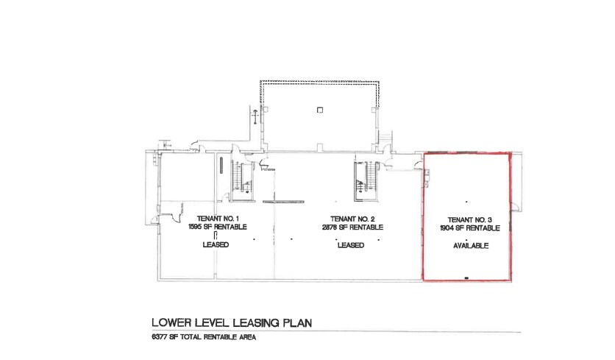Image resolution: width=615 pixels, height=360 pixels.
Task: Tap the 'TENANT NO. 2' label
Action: (x=352, y=219)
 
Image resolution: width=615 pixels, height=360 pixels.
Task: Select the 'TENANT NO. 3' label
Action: (x=470, y=219)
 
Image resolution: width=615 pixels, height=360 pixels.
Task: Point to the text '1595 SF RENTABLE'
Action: (x=216, y=227)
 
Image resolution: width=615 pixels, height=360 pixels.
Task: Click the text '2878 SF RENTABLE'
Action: (x=352, y=227)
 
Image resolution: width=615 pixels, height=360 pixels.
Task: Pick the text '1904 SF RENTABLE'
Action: (x=470, y=228)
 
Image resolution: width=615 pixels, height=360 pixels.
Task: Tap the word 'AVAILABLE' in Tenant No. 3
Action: (x=470, y=245)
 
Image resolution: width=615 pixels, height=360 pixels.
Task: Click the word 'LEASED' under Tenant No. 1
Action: (x=216, y=245)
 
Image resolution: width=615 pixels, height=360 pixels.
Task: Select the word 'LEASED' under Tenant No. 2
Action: (x=352, y=245)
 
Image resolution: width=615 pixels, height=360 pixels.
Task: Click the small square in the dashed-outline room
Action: (x=319, y=110)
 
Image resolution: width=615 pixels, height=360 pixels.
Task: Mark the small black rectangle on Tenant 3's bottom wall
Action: (x=466, y=277)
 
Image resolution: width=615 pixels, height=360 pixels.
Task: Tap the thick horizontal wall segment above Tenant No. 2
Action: (x=283, y=200)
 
